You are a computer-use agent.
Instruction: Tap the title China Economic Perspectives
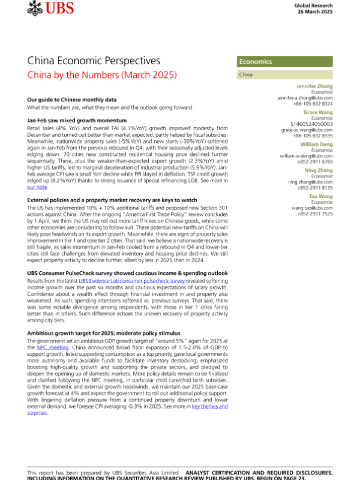[x=94, y=61]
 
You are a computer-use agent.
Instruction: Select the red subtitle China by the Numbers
[x=102, y=76]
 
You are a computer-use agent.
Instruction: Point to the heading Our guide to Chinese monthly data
[x=71, y=99]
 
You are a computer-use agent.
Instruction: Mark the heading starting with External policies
[x=113, y=183]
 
